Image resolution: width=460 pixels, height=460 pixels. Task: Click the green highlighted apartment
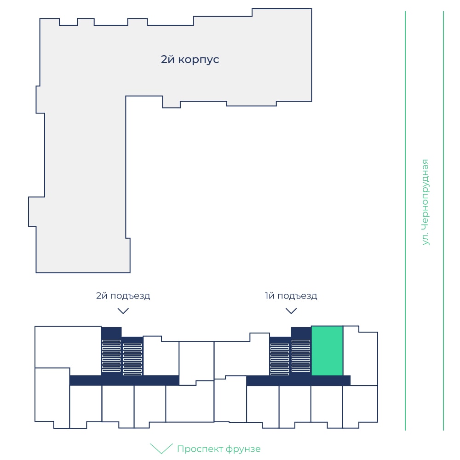click(x=327, y=351)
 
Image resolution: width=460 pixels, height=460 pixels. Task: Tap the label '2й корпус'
click(x=190, y=59)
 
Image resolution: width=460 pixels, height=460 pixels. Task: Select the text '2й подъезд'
click(x=123, y=296)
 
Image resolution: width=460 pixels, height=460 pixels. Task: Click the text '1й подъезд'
click(x=291, y=296)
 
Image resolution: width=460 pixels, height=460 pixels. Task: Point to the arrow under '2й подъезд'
click(x=123, y=311)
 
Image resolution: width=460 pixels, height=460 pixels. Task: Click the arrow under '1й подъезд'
click(x=291, y=311)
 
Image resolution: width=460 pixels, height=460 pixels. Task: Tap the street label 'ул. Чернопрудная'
click(x=425, y=202)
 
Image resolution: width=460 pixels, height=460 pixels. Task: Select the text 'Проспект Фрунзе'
click(x=218, y=449)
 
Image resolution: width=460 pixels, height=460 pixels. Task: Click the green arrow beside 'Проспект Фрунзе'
click(x=161, y=448)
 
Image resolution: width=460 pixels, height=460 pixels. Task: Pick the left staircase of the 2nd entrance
click(x=111, y=356)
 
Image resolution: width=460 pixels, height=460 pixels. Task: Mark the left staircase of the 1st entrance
click(x=280, y=359)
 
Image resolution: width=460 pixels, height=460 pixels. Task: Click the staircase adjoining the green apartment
click(x=301, y=356)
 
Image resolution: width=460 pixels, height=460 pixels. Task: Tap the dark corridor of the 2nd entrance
click(x=124, y=380)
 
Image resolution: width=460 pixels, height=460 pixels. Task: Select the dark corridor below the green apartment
click(x=299, y=380)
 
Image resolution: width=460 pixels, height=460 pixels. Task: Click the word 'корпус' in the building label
click(x=199, y=60)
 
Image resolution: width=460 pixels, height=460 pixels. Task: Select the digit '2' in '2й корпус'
click(x=164, y=59)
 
